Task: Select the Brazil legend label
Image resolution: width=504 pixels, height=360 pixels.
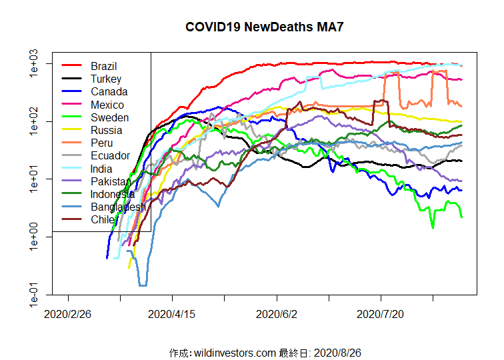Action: pyautogui.click(x=104, y=66)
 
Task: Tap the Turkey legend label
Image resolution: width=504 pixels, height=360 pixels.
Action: pyautogui.click(x=106, y=79)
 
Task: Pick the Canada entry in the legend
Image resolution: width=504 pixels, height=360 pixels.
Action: pyautogui.click(x=109, y=91)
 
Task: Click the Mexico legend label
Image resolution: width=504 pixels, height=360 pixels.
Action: pyautogui.click(x=107, y=105)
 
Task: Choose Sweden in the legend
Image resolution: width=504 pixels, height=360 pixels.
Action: pyautogui.click(x=110, y=117)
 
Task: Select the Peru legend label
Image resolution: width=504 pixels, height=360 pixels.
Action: pyautogui.click(x=102, y=143)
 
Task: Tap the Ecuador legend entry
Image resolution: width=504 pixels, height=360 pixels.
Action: pyautogui.click(x=110, y=155)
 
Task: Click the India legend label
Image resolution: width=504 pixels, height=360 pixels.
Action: pyautogui.click(x=101, y=169)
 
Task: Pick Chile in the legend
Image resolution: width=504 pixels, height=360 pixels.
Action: pyautogui.click(x=103, y=219)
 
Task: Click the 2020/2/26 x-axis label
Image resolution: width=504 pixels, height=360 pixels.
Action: pyautogui.click(x=68, y=313)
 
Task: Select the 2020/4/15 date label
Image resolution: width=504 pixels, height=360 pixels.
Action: pyautogui.click(x=172, y=313)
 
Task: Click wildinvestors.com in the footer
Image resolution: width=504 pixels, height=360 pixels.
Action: pyautogui.click(x=235, y=352)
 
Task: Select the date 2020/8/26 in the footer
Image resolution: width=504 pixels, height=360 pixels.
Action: pyautogui.click(x=337, y=352)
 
